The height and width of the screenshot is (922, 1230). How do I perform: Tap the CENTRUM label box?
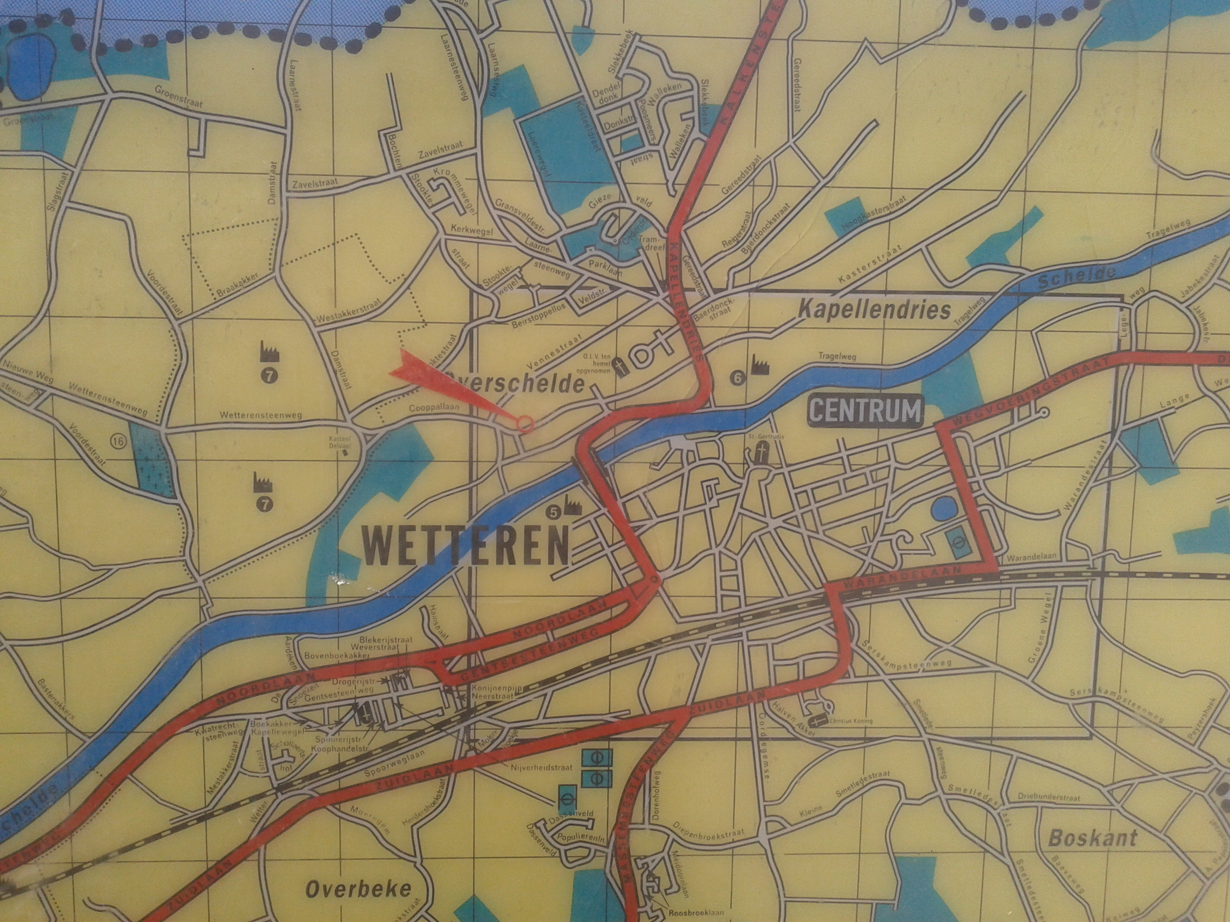pyautogui.click(x=865, y=411)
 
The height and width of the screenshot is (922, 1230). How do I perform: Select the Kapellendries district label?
pyautogui.click(x=873, y=310)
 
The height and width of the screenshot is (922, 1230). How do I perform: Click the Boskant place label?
pyautogui.click(x=1092, y=838)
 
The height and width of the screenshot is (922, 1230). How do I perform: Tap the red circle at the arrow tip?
pyautogui.click(x=526, y=424)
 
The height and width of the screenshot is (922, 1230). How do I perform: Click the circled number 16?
pyautogui.click(x=119, y=442)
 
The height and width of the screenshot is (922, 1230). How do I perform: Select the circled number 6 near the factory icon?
pyautogui.click(x=738, y=378)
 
